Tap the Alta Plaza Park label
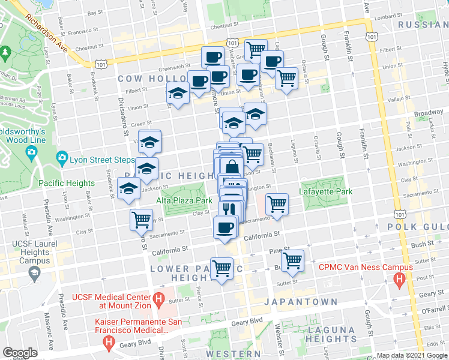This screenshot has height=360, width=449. (x=184, y=200)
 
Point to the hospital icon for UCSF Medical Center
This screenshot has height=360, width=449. (x=158, y=299)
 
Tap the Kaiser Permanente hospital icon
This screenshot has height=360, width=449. (x=109, y=343)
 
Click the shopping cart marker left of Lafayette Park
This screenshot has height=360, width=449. (x=277, y=203)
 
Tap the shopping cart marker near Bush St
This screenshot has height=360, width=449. (x=292, y=260)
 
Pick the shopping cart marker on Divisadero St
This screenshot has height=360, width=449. (x=141, y=219)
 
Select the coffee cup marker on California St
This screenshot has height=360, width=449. (x=226, y=227)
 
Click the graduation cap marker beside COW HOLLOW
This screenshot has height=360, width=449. (x=178, y=93)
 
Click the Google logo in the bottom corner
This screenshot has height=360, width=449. (x=19, y=353)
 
